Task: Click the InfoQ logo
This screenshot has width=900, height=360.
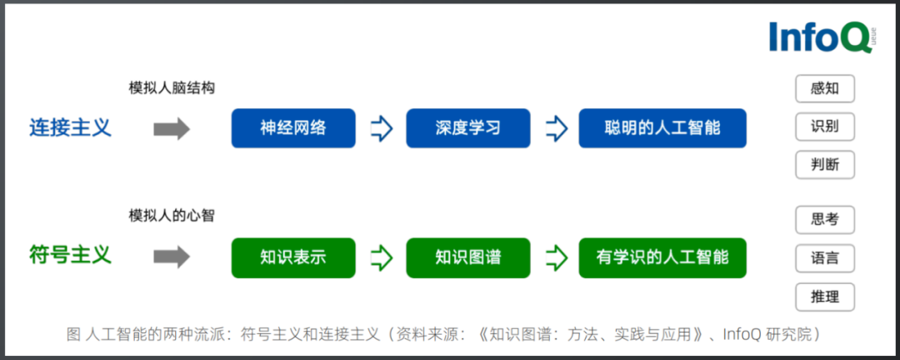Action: tap(820, 37)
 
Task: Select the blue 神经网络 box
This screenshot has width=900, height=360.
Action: tap(292, 128)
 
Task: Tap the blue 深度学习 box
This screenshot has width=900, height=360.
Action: tap(467, 128)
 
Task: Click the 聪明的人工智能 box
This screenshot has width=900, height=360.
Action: tap(662, 128)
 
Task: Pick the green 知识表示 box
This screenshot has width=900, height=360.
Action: tap(292, 257)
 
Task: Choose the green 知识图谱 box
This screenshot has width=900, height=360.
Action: tap(467, 257)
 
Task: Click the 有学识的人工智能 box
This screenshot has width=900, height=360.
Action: tap(662, 257)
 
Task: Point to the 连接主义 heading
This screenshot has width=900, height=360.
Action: tap(70, 128)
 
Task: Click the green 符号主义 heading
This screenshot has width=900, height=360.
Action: tap(70, 254)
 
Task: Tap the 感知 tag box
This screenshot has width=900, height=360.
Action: tap(824, 88)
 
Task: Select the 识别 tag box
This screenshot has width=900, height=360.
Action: tap(824, 127)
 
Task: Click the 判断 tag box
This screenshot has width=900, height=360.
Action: tap(824, 164)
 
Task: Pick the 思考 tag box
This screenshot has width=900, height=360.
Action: tap(824, 220)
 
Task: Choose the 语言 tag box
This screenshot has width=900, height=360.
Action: tap(824, 257)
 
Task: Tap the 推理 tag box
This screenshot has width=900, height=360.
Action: tap(824, 296)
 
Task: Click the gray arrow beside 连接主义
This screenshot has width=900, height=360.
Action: tap(172, 129)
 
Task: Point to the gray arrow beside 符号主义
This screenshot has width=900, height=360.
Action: tap(172, 257)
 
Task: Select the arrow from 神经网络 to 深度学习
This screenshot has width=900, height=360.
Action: tap(381, 129)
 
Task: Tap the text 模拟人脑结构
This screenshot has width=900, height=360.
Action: tap(172, 87)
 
